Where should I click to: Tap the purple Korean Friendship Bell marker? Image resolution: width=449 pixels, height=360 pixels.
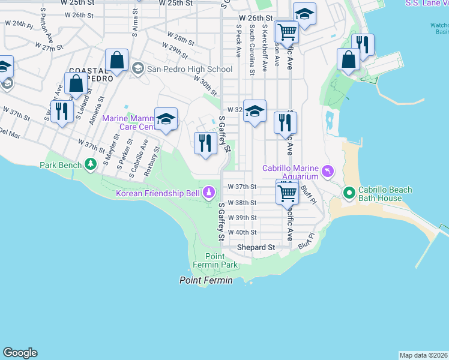coord(209,193)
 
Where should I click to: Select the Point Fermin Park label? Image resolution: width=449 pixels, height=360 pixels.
coord(215,260)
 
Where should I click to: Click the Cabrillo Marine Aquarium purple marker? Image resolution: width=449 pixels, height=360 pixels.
coord(327,172)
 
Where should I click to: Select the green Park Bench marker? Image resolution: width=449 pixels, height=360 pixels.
coord(90,164)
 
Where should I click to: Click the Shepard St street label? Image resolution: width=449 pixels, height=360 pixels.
coord(256,247)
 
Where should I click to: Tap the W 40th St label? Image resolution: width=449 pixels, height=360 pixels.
coord(242,232)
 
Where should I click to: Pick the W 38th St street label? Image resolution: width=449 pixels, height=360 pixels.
coord(242,203)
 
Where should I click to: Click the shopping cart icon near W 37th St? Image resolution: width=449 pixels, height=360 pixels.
coord(288,193)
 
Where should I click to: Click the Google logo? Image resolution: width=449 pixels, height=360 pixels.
coord(20,353)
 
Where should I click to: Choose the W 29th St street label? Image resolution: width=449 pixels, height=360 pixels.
coord(179,50)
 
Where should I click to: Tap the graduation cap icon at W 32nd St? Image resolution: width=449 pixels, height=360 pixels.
coord(255,111)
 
